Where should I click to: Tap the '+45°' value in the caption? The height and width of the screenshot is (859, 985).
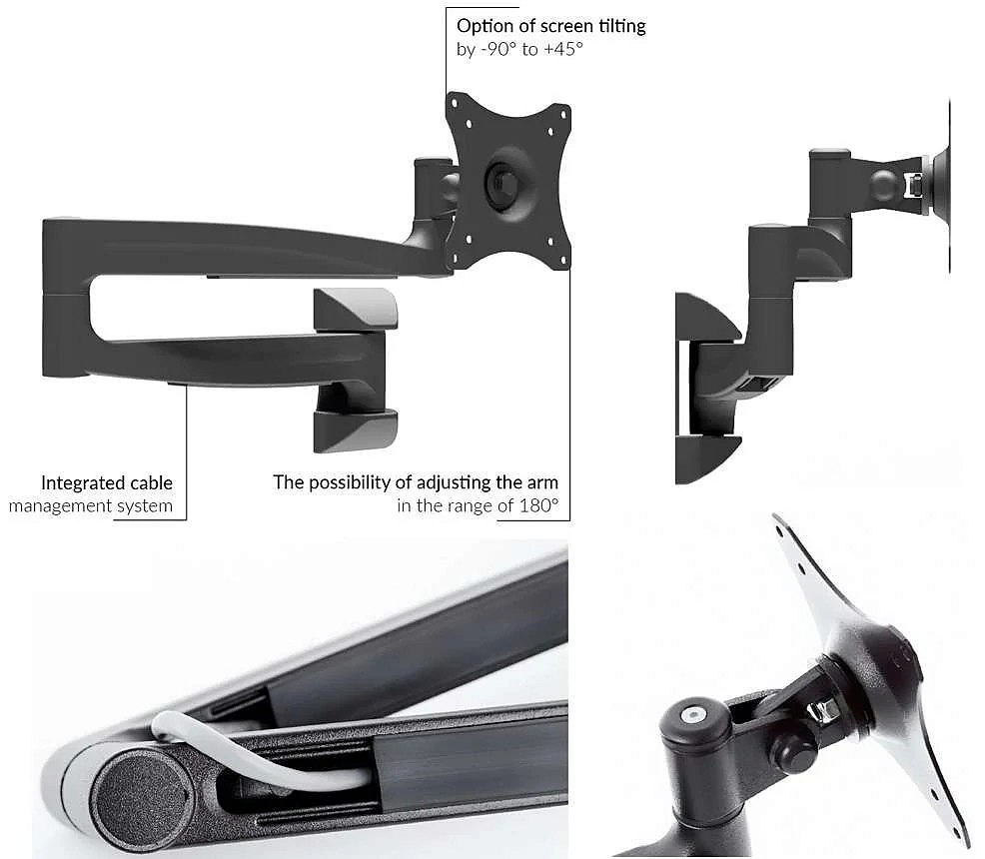point(563,49)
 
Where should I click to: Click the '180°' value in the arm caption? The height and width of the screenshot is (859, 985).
point(539,505)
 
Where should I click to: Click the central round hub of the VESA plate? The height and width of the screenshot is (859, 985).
point(501,182)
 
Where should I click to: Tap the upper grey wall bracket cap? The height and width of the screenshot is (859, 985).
point(356,309)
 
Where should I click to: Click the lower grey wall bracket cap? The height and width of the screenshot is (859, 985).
point(356,430)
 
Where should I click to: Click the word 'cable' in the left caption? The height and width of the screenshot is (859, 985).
point(152,483)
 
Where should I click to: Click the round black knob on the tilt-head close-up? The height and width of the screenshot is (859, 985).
point(789,748)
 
